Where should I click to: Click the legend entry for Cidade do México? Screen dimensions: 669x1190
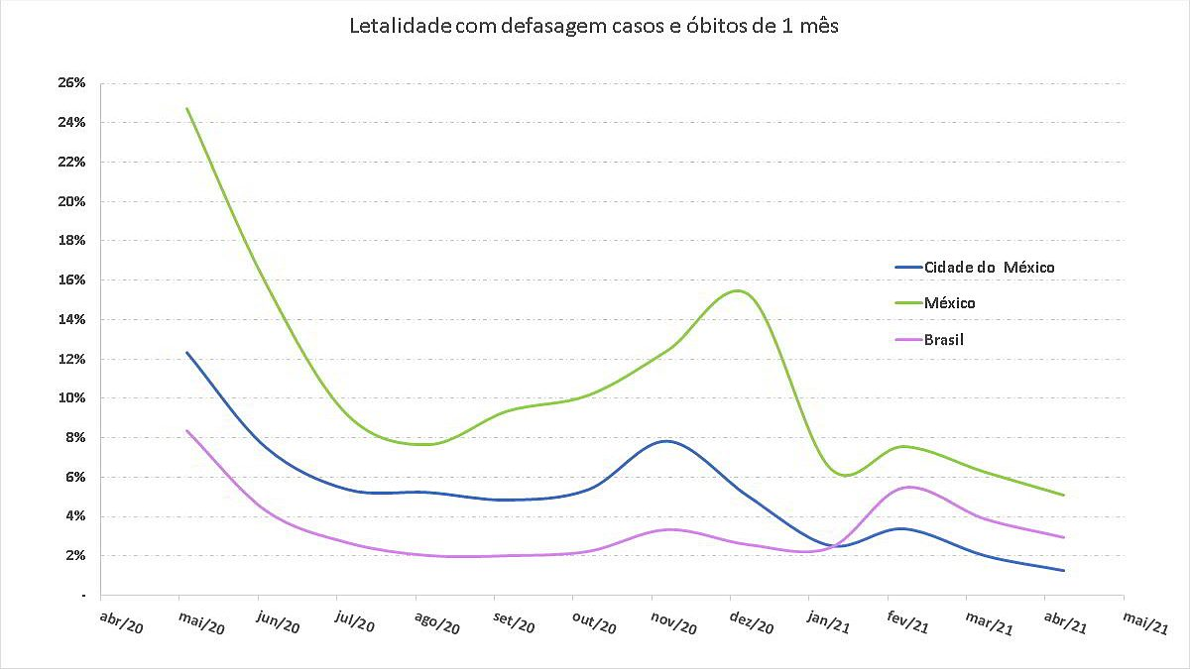(988, 268)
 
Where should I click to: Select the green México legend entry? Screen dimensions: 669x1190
(949, 303)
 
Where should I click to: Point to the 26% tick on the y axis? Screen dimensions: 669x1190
(72, 83)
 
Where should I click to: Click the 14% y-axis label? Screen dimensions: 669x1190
(72, 319)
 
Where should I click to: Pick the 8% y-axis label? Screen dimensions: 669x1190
(76, 437)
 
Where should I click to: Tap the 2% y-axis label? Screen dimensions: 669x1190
(76, 555)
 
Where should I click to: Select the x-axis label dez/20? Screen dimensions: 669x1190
(751, 623)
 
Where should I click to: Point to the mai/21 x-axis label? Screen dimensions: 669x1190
(1144, 623)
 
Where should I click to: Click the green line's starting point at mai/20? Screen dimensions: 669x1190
(186, 108)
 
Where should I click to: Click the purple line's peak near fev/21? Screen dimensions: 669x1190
(908, 487)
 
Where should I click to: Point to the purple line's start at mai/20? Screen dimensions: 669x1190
(186, 430)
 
